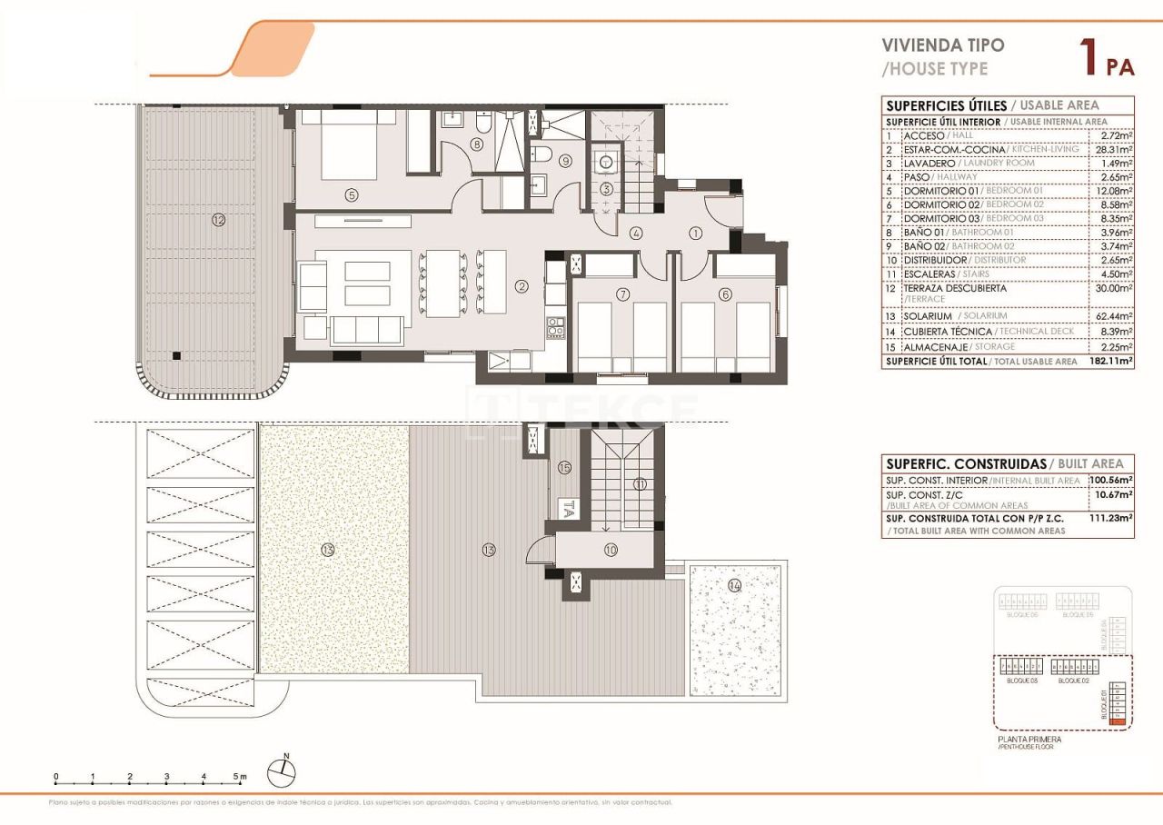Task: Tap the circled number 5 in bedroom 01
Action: point(350,194)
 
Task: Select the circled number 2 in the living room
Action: point(522,286)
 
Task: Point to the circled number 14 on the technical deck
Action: point(734,586)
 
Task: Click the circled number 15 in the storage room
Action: point(564,468)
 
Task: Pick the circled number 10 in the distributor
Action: point(609,550)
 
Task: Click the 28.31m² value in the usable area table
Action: point(1113,149)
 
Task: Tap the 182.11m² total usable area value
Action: point(1110,361)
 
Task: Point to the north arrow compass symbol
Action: point(282,771)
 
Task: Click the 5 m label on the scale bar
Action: point(238,777)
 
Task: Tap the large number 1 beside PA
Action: point(1086,56)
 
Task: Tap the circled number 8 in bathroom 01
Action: point(476,144)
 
